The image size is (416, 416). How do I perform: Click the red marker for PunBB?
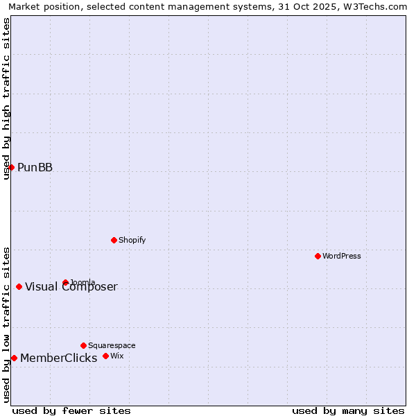pyautogui.click(x=11, y=167)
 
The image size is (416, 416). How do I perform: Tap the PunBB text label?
pyautogui.click(x=35, y=167)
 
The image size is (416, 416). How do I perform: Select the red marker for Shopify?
pyautogui.click(x=114, y=240)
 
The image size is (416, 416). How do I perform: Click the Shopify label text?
pyautogui.click(x=132, y=240)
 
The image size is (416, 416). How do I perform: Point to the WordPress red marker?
pyautogui.click(x=318, y=256)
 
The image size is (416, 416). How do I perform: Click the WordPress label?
pyautogui.click(x=341, y=256)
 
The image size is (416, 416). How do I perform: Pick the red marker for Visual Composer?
pyautogui.click(x=19, y=286)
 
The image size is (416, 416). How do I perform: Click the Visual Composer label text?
pyautogui.click(x=71, y=287)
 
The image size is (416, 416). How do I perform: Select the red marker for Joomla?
pyautogui.click(x=65, y=282)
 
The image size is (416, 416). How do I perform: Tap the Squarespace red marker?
pyautogui.click(x=83, y=345)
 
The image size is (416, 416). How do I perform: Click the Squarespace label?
pyautogui.click(x=112, y=345)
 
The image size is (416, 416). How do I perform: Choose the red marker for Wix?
pyautogui.click(x=105, y=356)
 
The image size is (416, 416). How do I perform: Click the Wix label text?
pyautogui.click(x=116, y=356)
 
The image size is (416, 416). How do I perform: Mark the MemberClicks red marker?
pyautogui.click(x=14, y=358)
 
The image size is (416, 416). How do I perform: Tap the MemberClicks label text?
pyautogui.click(x=58, y=358)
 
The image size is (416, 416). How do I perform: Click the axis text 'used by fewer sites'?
pyautogui.click(x=71, y=410)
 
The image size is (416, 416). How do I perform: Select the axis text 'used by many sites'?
pyautogui.click(x=348, y=410)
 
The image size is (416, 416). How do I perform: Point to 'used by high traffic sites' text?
pyautogui.click(x=6, y=98)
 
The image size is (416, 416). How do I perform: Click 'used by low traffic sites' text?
pyautogui.click(x=6, y=324)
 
